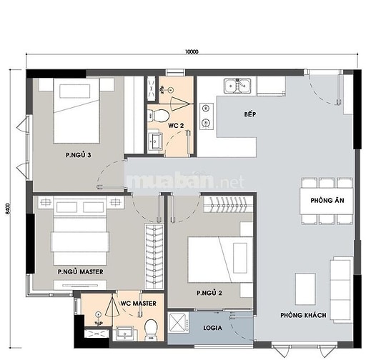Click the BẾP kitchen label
tap(250, 114)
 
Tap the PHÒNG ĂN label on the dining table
tap(327, 201)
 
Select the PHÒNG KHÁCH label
tap(303, 315)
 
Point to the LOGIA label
tap(212, 328)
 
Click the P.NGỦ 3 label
tap(79, 155)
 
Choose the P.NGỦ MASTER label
tap(81, 271)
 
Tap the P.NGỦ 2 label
tap(209, 293)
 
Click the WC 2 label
tap(176, 126)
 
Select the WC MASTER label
tap(139, 304)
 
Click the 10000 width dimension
tap(192, 51)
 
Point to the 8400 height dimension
tap(7, 209)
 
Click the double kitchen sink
tap(237, 86)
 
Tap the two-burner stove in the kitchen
tap(207, 116)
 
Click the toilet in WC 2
tap(158, 115)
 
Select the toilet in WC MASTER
tap(151, 330)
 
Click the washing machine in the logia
tap(179, 323)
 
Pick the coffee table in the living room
tap(305, 289)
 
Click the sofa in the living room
tap(341, 290)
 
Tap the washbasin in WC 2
tap(155, 141)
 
